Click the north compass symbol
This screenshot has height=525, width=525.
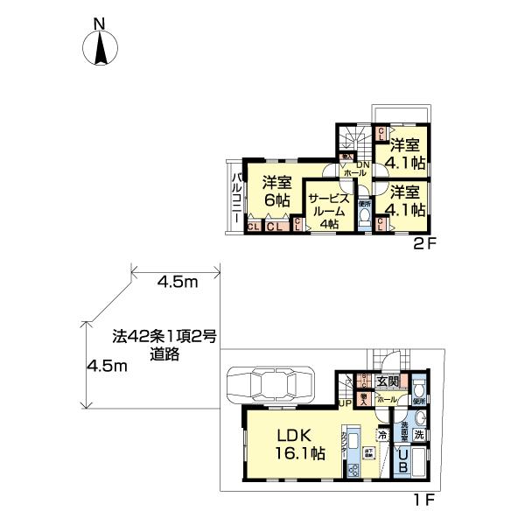[x=101, y=46]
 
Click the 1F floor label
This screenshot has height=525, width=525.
[x=423, y=502]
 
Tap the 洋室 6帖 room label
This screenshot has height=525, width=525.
[x=276, y=192]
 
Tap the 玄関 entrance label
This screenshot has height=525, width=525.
[x=388, y=381]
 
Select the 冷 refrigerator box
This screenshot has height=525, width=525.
[x=383, y=433]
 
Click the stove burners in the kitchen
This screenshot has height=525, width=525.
[x=354, y=471]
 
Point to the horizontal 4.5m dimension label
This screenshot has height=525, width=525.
[x=177, y=282]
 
